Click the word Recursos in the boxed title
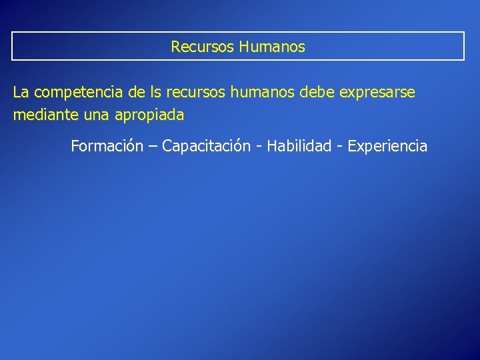(x=198, y=47)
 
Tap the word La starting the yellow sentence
(x=21, y=93)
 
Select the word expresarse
(x=377, y=93)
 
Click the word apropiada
(x=149, y=116)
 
